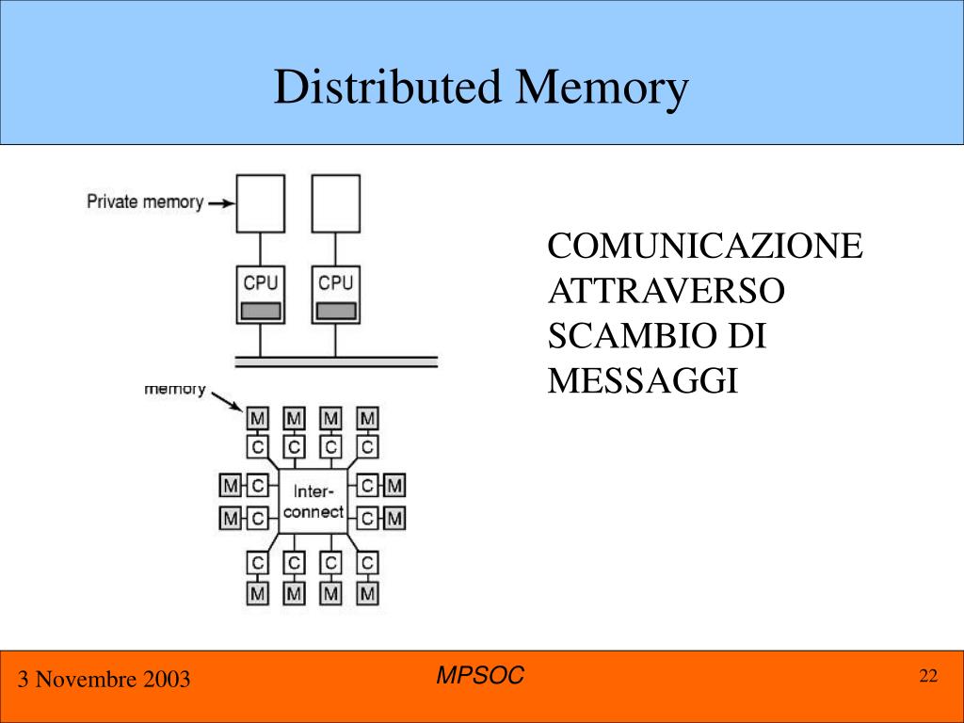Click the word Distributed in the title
point(388,88)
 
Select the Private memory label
point(144,201)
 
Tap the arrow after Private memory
point(219,201)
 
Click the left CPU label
point(261,282)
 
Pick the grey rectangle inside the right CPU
point(336,311)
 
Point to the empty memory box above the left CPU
point(261,203)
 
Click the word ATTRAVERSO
point(666,292)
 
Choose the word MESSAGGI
point(642,381)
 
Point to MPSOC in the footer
point(481,675)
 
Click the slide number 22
point(928,676)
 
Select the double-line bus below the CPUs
point(335,361)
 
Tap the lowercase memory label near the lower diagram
point(174,389)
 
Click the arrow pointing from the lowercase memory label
point(226,401)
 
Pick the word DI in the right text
point(746,336)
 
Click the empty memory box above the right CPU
point(336,203)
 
